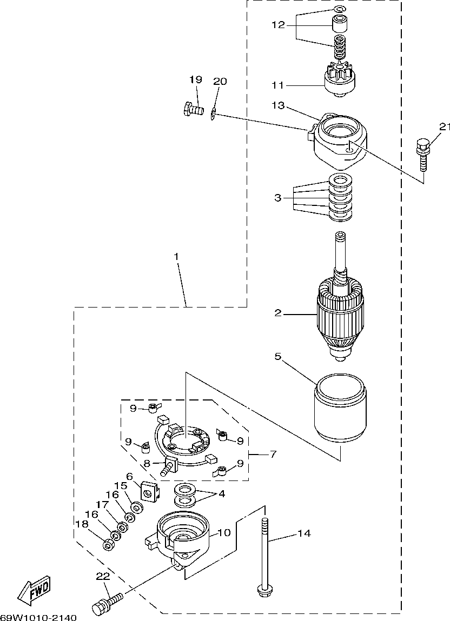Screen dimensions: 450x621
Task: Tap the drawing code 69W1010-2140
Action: [x=38, y=617]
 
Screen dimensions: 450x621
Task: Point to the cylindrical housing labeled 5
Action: [x=341, y=408]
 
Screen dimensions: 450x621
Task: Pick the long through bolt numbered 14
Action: [x=265, y=555]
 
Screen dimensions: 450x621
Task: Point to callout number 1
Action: [x=176, y=257]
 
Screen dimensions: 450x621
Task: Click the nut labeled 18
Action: [x=108, y=545]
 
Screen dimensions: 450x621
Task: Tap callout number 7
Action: [x=273, y=454]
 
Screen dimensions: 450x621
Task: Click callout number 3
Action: [x=278, y=197]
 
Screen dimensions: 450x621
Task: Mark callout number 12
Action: [x=279, y=25]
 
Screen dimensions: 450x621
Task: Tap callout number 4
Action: [x=221, y=494]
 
